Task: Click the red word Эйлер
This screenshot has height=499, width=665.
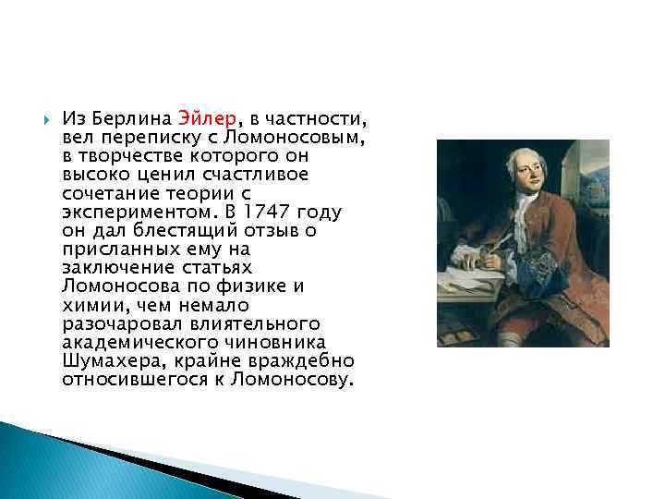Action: point(208,119)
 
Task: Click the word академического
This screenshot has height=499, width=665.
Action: point(137,341)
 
